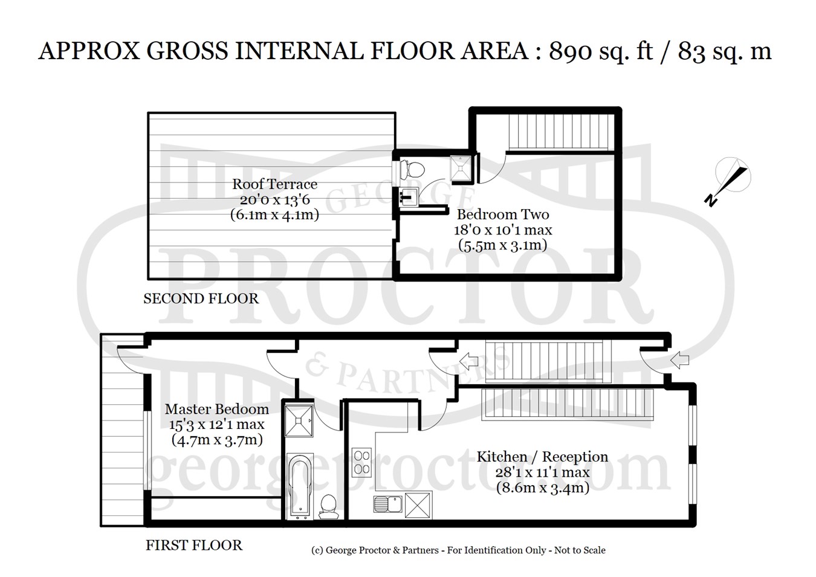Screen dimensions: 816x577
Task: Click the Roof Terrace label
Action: pos(274,184)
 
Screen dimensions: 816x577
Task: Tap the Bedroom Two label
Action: pos(503,214)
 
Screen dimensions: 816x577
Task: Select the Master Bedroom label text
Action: pos(217,409)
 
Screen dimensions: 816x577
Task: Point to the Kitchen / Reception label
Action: pos(542,457)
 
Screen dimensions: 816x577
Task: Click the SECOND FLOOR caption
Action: pos(201,298)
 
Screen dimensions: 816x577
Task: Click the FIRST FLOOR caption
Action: pos(194,546)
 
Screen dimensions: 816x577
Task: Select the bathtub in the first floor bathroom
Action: pos(300,486)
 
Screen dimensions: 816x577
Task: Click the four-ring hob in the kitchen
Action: pos(361,462)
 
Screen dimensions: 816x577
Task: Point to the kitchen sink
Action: pos(387,504)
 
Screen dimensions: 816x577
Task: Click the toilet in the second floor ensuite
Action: pos(412,170)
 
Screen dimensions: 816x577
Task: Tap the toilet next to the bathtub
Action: pos(329,506)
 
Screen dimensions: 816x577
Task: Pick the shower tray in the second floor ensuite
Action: pos(461,168)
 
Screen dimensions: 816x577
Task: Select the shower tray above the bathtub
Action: pos(299,421)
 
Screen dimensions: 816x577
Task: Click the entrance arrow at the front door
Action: pos(680,360)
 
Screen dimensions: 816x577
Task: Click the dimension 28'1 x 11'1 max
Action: pos(542,472)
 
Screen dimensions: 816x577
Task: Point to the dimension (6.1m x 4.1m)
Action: pos(274,214)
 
